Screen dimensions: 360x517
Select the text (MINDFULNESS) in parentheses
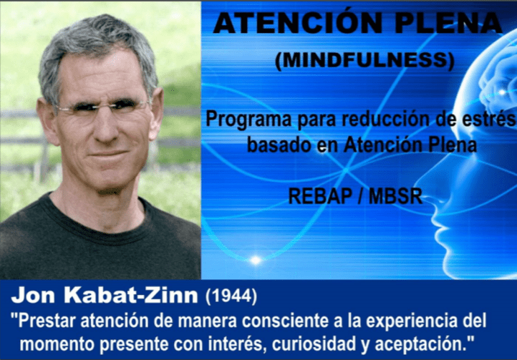(x=364, y=62)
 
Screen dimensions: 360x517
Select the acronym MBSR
(x=393, y=196)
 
